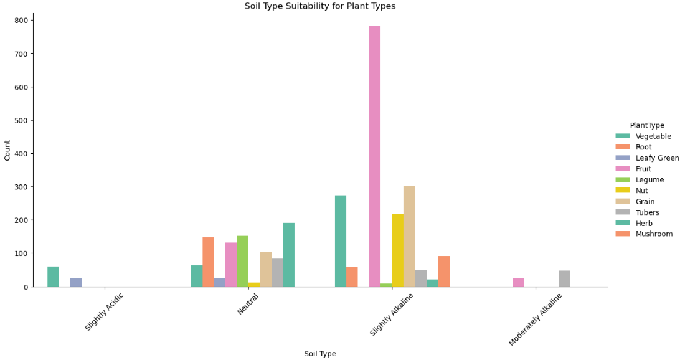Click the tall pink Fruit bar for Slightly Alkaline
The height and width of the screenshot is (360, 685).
375,156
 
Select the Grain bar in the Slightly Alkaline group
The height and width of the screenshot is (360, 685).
409,236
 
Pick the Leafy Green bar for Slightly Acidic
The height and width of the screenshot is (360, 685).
76,282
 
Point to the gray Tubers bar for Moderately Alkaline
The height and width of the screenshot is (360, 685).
565,278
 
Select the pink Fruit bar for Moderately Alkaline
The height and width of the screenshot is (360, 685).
519,283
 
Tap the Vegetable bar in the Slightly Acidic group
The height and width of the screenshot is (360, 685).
53,277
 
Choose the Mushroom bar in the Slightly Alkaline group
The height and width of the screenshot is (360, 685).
443,272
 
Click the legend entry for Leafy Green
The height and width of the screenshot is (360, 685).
657,158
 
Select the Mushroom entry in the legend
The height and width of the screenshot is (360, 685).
654,234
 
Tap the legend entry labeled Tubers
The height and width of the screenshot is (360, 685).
647,212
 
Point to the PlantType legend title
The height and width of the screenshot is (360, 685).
647,125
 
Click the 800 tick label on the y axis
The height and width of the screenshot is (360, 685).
21,21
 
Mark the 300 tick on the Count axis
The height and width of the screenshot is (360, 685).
21,187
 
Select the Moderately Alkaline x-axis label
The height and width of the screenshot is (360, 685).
536,319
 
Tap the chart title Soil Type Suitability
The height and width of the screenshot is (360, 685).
319,6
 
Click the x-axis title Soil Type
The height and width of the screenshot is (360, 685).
320,354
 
